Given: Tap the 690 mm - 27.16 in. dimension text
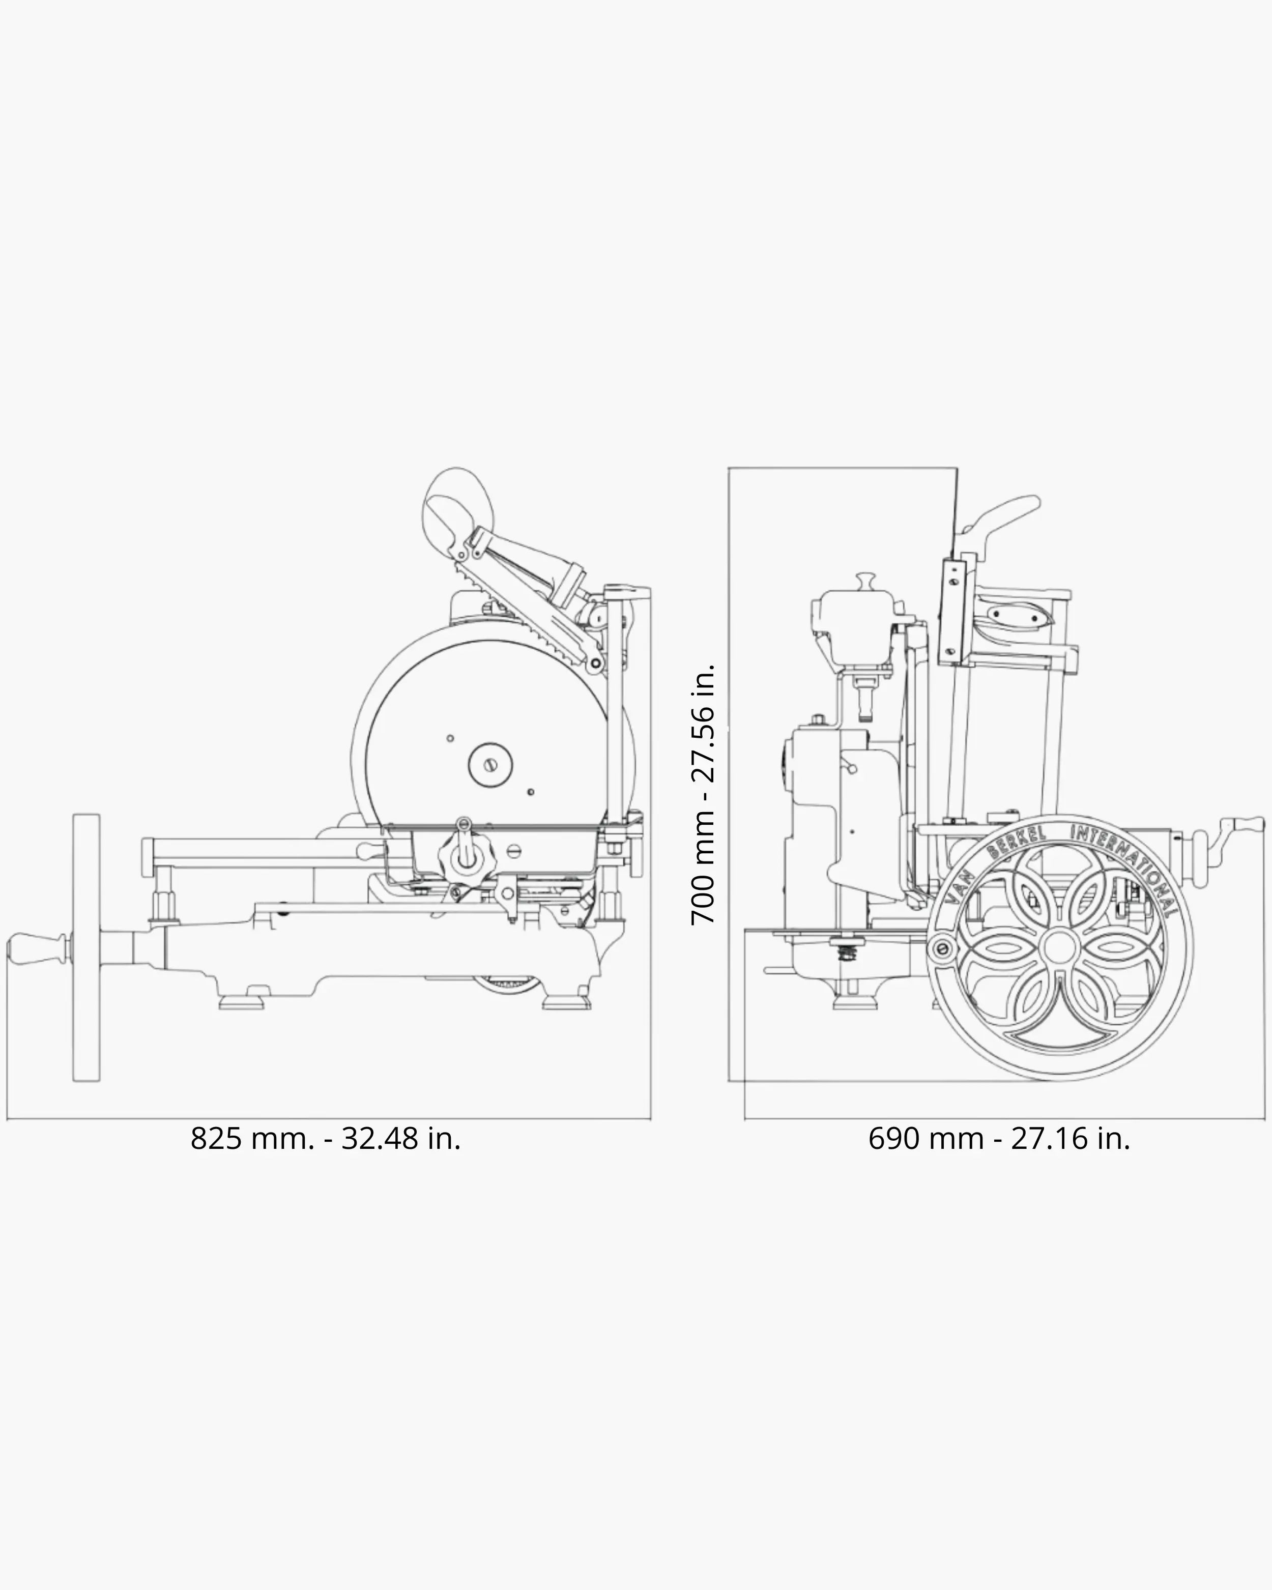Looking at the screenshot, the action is (x=999, y=1138).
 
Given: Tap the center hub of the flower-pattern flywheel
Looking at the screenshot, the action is (x=1059, y=947).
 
